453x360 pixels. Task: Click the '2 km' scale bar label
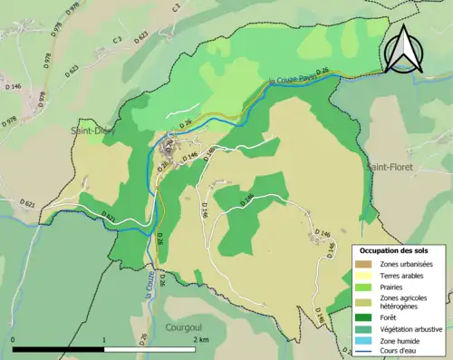click(x=201, y=338)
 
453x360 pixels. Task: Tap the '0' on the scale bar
click(x=13, y=338)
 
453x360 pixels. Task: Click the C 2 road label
click(x=117, y=39)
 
